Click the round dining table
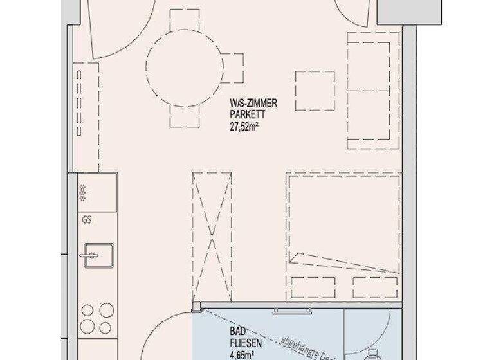point(184,66)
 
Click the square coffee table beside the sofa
point(315,91)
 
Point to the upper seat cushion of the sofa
point(369,65)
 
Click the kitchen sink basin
point(96,256)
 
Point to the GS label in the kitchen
point(87,219)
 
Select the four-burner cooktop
point(98,319)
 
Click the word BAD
point(235,331)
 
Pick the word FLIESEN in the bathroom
point(242,342)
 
